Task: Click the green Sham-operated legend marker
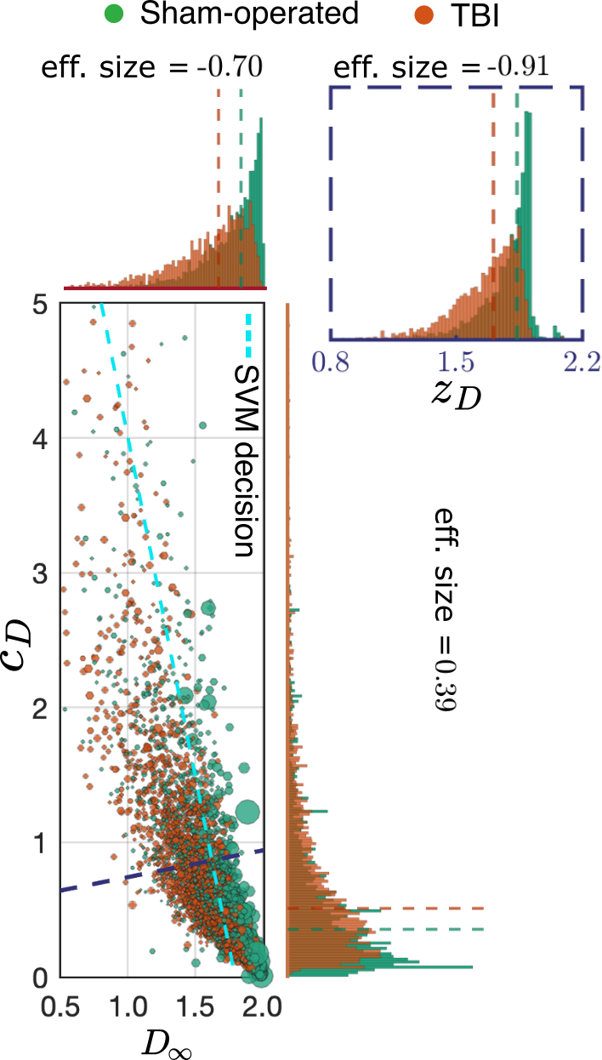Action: coord(113,14)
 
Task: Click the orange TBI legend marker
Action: coord(423,14)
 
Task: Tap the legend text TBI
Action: coord(475,15)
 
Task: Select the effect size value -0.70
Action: coord(230,66)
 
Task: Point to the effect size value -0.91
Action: coord(518,66)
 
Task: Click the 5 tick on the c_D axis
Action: coord(40,305)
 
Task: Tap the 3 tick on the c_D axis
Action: coord(40,573)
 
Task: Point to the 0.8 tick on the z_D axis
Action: coord(330,362)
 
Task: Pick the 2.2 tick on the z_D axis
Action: coord(582,362)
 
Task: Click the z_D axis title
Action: coord(456,395)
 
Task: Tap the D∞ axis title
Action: coord(167,1042)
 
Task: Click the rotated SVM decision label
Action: coord(247,460)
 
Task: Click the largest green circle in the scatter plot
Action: coord(247,812)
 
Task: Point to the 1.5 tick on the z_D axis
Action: coord(456,362)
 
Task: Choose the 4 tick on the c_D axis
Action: coord(40,439)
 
